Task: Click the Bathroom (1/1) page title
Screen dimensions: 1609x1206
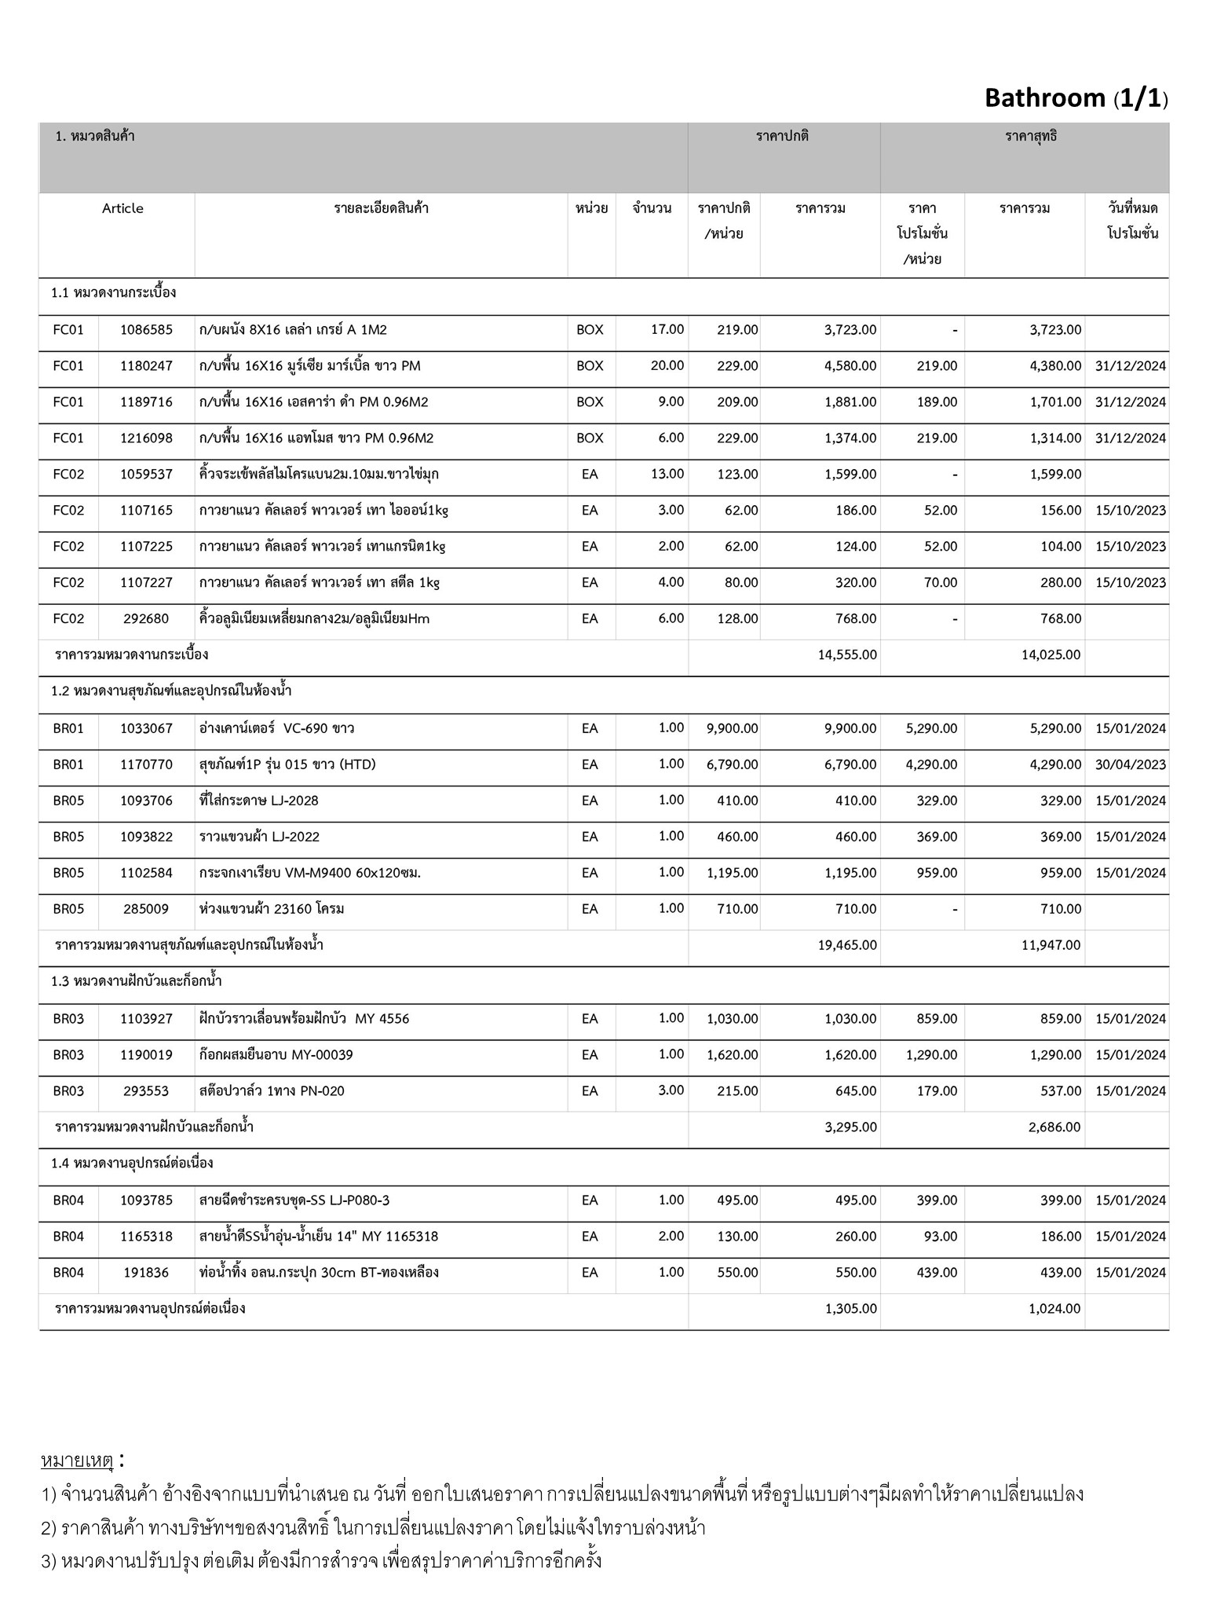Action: click(x=1076, y=98)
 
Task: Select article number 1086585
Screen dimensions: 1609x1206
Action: click(x=146, y=330)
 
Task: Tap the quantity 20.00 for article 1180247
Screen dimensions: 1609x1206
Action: click(x=667, y=366)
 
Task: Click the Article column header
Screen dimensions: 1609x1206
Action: click(x=122, y=208)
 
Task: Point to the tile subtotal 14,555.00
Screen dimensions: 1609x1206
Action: click(x=847, y=655)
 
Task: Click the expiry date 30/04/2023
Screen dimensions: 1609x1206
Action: click(x=1130, y=764)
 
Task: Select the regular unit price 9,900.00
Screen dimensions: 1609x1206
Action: click(x=732, y=728)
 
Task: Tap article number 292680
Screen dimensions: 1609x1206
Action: click(x=146, y=619)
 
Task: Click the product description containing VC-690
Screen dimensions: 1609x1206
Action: click(x=276, y=728)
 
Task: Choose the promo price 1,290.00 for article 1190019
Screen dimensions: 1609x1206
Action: click(x=931, y=1055)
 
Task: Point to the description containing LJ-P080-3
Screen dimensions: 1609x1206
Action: click(x=294, y=1200)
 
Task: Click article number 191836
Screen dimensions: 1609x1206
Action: click(x=146, y=1273)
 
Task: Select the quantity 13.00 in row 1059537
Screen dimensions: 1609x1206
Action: click(x=667, y=475)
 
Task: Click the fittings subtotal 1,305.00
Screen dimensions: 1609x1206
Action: click(x=851, y=1309)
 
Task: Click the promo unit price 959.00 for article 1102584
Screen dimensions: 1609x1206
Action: click(x=937, y=873)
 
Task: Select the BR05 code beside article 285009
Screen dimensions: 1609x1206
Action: click(x=68, y=909)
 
